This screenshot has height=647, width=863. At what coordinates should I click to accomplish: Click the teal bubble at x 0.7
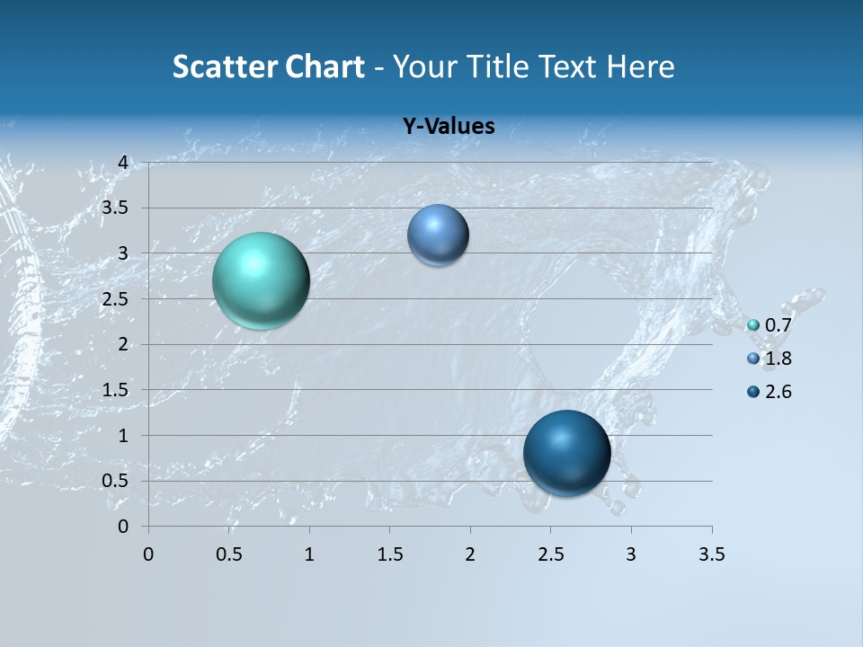(261, 280)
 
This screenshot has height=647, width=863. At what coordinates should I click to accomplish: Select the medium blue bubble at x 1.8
(438, 235)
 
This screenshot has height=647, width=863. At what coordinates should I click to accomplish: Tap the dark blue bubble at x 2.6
(566, 453)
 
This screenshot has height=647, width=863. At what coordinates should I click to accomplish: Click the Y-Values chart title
(449, 127)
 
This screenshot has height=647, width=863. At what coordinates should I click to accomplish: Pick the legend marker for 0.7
(753, 325)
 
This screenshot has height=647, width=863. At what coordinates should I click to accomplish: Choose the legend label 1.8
(778, 359)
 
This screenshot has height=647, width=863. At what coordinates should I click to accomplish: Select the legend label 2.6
(778, 392)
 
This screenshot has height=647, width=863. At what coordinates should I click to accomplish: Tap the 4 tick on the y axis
(124, 163)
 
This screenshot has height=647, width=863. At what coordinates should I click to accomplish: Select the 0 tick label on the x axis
(148, 554)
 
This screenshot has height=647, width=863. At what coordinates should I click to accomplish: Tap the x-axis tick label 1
(309, 554)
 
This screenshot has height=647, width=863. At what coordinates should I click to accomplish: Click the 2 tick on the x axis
(470, 554)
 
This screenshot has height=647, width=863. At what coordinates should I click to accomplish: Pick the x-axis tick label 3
(631, 554)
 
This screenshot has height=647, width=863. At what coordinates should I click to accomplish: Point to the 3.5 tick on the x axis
(712, 554)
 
